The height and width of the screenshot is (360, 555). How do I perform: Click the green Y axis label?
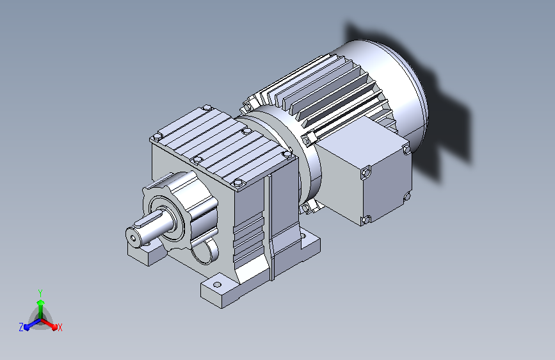(40, 293)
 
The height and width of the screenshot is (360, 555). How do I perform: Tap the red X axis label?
(60, 328)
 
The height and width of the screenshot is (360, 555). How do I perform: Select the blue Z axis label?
(21, 327)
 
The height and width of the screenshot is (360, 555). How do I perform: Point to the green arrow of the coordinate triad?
(41, 309)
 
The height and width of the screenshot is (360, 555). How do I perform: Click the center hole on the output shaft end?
(133, 238)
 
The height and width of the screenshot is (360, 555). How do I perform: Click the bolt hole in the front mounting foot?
(218, 284)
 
